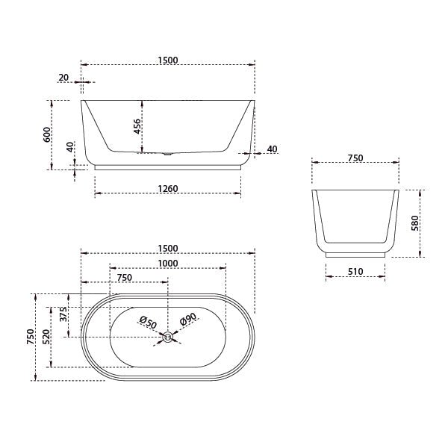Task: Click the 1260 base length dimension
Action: click(x=167, y=189)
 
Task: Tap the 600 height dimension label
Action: click(x=46, y=134)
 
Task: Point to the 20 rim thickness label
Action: click(x=63, y=77)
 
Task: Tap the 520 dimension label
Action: click(x=46, y=336)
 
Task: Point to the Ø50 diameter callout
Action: click(x=148, y=323)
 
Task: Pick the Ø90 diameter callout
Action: click(x=187, y=321)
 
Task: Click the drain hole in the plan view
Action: click(x=168, y=337)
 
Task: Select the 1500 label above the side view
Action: click(x=167, y=60)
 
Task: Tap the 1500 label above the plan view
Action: click(x=167, y=248)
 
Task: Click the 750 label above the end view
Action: click(x=355, y=158)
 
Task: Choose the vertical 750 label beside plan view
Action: click(x=30, y=336)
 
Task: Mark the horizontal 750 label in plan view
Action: click(x=124, y=277)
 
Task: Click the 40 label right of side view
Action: click(x=272, y=149)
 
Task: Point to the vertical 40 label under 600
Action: click(x=70, y=146)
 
